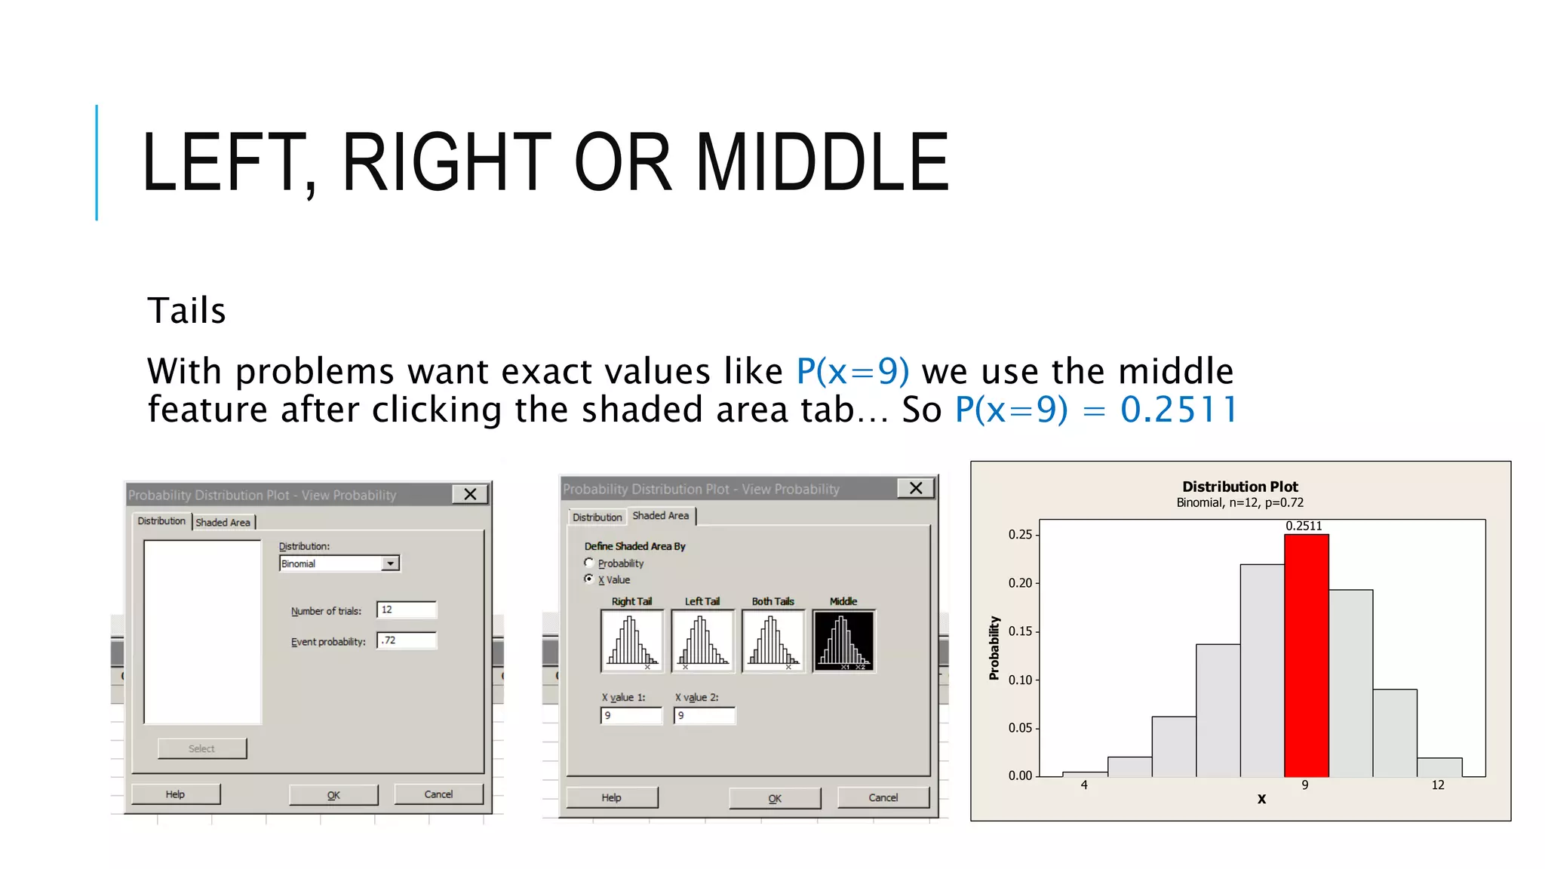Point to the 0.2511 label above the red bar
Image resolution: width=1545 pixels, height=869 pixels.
(1304, 526)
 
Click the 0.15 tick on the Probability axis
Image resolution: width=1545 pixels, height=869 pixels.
(1020, 631)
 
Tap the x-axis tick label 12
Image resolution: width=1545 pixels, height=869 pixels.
(1437, 785)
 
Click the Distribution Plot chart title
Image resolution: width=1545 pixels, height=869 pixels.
(1239, 487)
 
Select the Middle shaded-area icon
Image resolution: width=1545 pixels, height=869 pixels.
(843, 641)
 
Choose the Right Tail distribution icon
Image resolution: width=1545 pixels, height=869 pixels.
(631, 641)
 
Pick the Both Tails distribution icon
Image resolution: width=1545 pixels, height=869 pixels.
(772, 641)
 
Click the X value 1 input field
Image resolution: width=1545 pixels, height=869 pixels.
(631, 715)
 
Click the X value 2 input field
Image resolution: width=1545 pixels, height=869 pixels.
(704, 715)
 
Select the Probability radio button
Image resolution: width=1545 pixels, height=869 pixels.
(589, 563)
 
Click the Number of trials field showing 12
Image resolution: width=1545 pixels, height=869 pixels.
(407, 610)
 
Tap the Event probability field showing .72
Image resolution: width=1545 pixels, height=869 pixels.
(407, 640)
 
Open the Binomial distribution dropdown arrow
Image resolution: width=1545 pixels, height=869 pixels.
(390, 563)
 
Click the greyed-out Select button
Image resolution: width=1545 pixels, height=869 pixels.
(201, 748)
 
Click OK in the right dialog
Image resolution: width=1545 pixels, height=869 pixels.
(775, 798)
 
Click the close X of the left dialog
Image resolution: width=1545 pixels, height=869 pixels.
(470, 494)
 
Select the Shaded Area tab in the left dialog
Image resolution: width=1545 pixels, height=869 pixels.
(223, 522)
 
